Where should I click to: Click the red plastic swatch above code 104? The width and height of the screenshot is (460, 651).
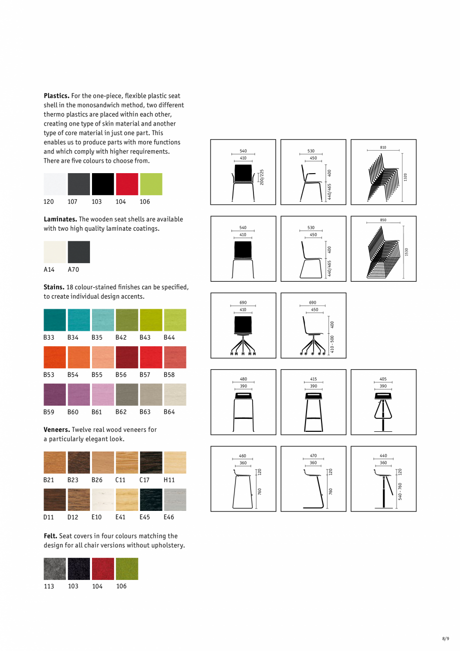click(x=127, y=184)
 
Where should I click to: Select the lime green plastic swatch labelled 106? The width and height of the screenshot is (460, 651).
click(x=151, y=184)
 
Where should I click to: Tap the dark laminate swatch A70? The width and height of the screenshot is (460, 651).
click(x=79, y=252)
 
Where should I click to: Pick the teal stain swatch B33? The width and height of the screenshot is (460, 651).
click(x=55, y=320)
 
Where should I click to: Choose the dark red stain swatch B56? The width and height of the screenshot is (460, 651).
click(x=127, y=357)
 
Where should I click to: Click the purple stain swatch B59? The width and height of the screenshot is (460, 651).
click(x=55, y=394)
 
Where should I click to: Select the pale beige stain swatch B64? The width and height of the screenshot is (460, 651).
click(x=175, y=394)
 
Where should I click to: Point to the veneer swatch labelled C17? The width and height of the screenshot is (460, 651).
click(x=151, y=462)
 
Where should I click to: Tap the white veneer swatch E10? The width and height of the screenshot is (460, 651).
click(x=103, y=499)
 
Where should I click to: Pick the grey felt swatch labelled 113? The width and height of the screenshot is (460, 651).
click(x=55, y=569)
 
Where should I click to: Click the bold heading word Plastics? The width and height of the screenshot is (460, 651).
click(x=56, y=96)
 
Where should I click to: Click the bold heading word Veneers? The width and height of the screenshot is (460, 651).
click(x=56, y=429)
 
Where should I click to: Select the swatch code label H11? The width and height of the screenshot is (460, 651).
click(x=169, y=480)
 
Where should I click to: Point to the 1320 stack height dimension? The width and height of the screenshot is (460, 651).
click(x=405, y=177)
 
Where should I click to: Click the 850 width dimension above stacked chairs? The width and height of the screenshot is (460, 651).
click(x=383, y=220)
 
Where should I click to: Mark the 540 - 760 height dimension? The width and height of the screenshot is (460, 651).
click(x=400, y=491)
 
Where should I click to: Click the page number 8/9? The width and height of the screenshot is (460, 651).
click(x=445, y=638)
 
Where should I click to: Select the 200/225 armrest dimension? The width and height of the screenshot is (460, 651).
click(x=262, y=177)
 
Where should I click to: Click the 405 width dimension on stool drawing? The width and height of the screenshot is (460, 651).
click(x=383, y=379)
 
